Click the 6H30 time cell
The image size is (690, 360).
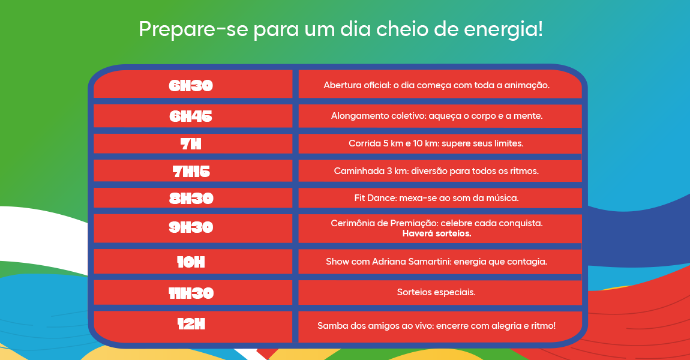coord(191,85)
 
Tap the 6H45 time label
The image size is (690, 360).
coord(191,116)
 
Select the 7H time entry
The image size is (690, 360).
coord(191,144)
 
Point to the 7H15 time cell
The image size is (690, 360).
coord(191,171)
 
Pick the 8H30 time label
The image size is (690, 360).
coord(191,198)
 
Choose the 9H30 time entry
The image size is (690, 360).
coord(191,228)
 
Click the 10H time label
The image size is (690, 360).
coord(191,262)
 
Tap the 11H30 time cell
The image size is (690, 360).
coord(191,293)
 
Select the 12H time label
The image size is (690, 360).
coord(191,325)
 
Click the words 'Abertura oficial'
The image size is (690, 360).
coord(356,85)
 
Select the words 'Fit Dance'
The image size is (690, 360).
coord(374,198)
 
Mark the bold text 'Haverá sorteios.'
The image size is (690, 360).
coord(437,233)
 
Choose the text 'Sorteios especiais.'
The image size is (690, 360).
coord(436,293)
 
